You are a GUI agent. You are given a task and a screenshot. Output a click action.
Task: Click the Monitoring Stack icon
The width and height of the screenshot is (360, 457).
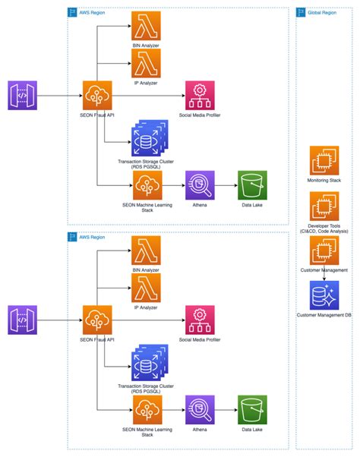tap(324, 161)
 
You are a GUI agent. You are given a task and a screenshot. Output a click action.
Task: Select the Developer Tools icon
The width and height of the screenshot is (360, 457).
tap(324, 206)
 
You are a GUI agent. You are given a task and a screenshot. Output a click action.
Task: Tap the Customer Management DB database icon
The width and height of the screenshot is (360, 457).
tap(324, 294)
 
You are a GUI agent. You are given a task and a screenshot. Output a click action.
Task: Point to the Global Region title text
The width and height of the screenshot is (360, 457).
tap(324, 14)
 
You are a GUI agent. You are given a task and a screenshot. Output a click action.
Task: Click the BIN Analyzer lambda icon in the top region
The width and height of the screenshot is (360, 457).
tap(146, 27)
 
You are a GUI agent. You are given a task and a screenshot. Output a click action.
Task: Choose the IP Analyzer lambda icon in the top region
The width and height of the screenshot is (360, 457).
tap(146, 62)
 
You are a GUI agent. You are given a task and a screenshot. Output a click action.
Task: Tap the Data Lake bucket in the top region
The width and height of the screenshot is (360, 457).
tap(252, 185)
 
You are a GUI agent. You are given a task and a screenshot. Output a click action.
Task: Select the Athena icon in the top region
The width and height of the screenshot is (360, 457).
tap(200, 185)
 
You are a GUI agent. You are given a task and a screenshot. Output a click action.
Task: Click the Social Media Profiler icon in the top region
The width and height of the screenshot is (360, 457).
tap(200, 96)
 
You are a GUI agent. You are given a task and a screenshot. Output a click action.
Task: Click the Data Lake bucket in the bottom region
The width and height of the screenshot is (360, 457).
tap(252, 410)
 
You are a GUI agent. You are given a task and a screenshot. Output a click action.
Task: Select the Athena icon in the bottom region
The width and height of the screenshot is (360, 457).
tap(200, 410)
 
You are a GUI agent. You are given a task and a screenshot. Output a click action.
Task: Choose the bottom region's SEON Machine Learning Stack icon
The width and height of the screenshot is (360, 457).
tap(147, 410)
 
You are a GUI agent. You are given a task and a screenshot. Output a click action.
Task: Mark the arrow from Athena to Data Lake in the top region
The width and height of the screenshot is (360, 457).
tap(226, 185)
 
